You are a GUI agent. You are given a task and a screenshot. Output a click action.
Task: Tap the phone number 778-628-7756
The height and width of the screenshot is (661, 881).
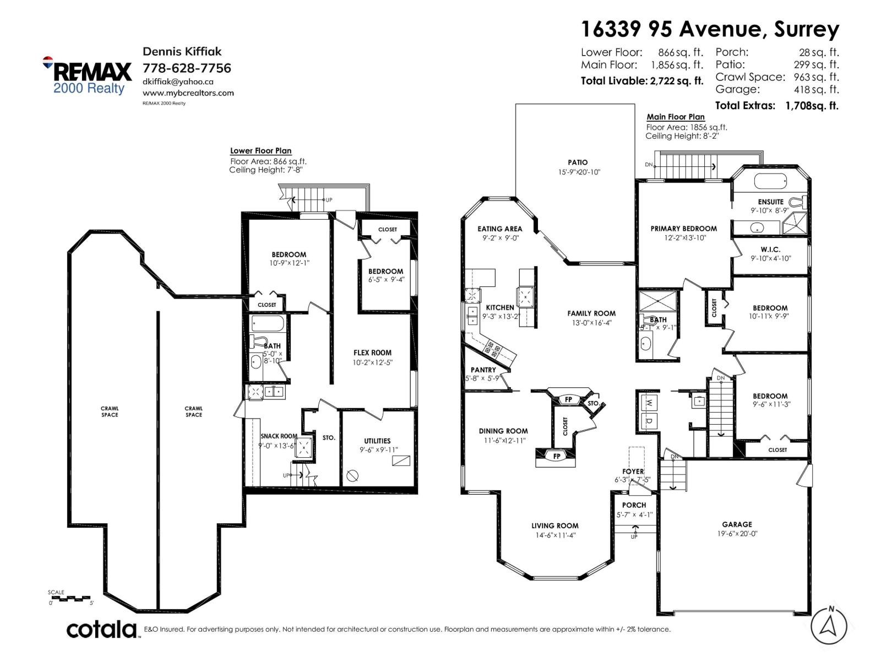tap(187, 68)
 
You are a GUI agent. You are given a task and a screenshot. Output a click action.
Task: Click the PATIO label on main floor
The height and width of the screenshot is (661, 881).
tap(578, 162)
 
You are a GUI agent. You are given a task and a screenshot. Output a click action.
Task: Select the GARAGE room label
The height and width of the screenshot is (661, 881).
tap(737, 524)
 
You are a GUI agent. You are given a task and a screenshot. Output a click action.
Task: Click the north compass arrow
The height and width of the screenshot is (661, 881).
tap(829, 626)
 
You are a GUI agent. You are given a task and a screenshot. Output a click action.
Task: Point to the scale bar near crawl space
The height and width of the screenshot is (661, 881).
tap(70, 598)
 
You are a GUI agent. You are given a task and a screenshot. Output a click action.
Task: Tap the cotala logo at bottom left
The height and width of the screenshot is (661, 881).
tap(102, 629)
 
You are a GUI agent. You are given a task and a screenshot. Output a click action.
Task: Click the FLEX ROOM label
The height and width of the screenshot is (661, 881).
tap(372, 353)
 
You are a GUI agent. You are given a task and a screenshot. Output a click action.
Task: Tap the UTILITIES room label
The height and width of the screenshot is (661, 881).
tap(377, 441)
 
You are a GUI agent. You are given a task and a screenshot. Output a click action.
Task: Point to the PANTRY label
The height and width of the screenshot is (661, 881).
tap(483, 370)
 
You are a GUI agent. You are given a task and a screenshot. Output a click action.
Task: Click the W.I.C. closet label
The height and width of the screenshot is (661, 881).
tap(770, 250)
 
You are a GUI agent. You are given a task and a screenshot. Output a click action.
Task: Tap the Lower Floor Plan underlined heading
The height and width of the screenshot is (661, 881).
tap(260, 151)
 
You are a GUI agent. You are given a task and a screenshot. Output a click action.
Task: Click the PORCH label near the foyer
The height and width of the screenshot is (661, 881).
tap(634, 505)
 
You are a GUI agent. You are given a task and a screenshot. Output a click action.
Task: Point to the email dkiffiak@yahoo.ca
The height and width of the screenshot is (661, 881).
tap(178, 82)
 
